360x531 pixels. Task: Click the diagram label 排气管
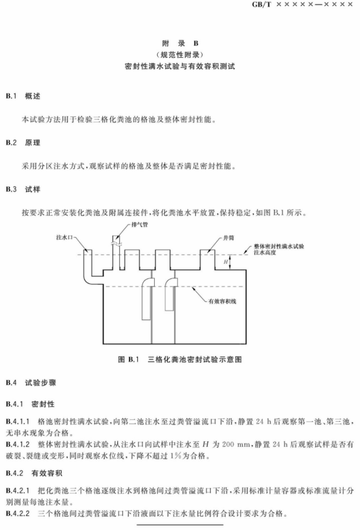[x=140, y=225]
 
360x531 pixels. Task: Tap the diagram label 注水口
[x=64, y=238]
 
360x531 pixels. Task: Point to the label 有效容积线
[x=223, y=301]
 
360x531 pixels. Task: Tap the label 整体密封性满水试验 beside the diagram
[x=279, y=246]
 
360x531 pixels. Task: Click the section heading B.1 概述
[x=23, y=96]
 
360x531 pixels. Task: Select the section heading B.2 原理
[x=23, y=142]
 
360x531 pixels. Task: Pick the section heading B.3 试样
[x=23, y=189]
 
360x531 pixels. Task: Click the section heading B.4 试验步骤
[x=31, y=382]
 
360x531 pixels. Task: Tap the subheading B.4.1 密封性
[x=30, y=404]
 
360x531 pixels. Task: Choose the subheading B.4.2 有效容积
[x=34, y=473]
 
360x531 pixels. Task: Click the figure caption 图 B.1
[x=129, y=359]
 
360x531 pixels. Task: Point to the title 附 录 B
[x=180, y=43]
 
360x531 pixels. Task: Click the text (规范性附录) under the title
[x=180, y=54]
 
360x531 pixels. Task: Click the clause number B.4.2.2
[x=17, y=514]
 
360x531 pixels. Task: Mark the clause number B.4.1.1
[x=17, y=421]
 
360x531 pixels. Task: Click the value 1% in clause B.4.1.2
[x=176, y=456]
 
